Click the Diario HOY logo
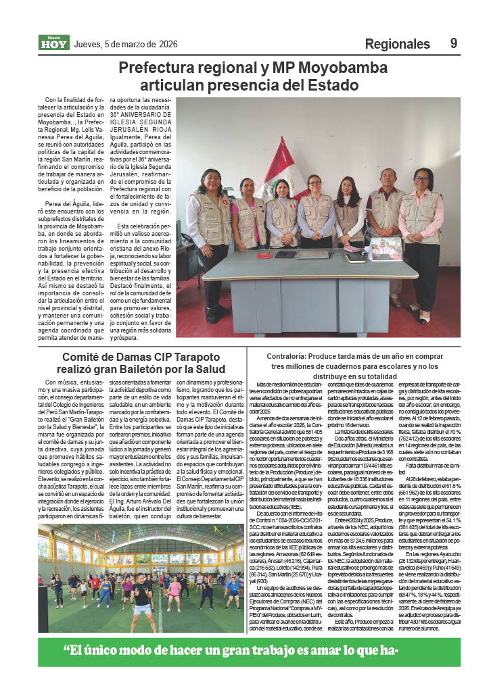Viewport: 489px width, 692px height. pos(53,43)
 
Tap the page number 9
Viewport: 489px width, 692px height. pos(454,43)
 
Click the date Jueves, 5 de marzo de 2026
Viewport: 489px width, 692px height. pos(125,44)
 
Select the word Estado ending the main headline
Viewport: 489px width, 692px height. pos(329,86)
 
